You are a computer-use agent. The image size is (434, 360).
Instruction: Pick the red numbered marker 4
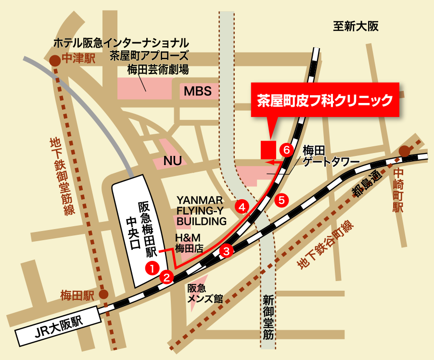point(242,207)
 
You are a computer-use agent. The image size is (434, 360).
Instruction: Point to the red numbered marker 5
point(282,199)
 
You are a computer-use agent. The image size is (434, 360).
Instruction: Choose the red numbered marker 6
point(287,150)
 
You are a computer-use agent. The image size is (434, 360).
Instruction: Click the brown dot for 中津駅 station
point(55,60)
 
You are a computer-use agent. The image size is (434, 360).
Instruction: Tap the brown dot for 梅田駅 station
point(103,295)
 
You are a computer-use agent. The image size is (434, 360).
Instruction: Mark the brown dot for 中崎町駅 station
point(405,151)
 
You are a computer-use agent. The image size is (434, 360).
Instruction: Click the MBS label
point(198,91)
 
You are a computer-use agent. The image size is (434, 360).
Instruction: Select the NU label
point(172,161)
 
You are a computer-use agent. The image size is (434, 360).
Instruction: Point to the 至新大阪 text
point(356,26)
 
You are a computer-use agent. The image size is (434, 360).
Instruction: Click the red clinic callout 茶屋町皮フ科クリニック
point(325,100)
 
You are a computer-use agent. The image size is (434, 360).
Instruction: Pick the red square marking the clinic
point(268,149)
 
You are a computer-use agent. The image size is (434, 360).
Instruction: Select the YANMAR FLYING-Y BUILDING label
point(201,210)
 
